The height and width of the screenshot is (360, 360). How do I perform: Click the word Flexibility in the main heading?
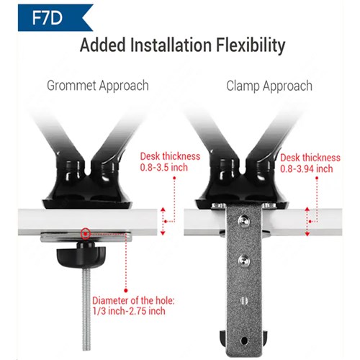(x=251, y=45)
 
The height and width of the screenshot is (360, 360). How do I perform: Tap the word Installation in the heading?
(x=171, y=45)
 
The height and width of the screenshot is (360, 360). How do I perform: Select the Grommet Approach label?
(x=98, y=86)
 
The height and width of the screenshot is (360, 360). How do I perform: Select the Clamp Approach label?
(x=269, y=86)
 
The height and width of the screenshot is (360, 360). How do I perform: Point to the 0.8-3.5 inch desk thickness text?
(x=164, y=167)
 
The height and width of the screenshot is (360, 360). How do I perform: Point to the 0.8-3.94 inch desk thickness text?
(x=307, y=168)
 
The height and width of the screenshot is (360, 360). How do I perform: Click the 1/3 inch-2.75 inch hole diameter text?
(x=129, y=311)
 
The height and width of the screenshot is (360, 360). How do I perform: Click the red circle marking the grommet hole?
(x=85, y=233)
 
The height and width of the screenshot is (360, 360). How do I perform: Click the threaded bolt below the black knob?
(x=86, y=309)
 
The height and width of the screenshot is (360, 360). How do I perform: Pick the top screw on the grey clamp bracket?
(x=244, y=220)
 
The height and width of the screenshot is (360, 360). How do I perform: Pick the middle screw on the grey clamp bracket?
(x=244, y=260)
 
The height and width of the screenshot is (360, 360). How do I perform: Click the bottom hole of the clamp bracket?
(x=244, y=341)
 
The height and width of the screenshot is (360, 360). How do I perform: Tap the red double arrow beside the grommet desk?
(x=163, y=221)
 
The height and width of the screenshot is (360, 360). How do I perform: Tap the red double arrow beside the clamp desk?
(x=307, y=221)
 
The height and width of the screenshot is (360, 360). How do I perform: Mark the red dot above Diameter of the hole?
(x=126, y=290)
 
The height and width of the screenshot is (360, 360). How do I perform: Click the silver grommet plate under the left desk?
(x=86, y=237)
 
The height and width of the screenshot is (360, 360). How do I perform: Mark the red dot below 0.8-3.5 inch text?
(x=174, y=178)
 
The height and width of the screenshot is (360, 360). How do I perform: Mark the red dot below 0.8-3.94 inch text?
(x=317, y=178)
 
